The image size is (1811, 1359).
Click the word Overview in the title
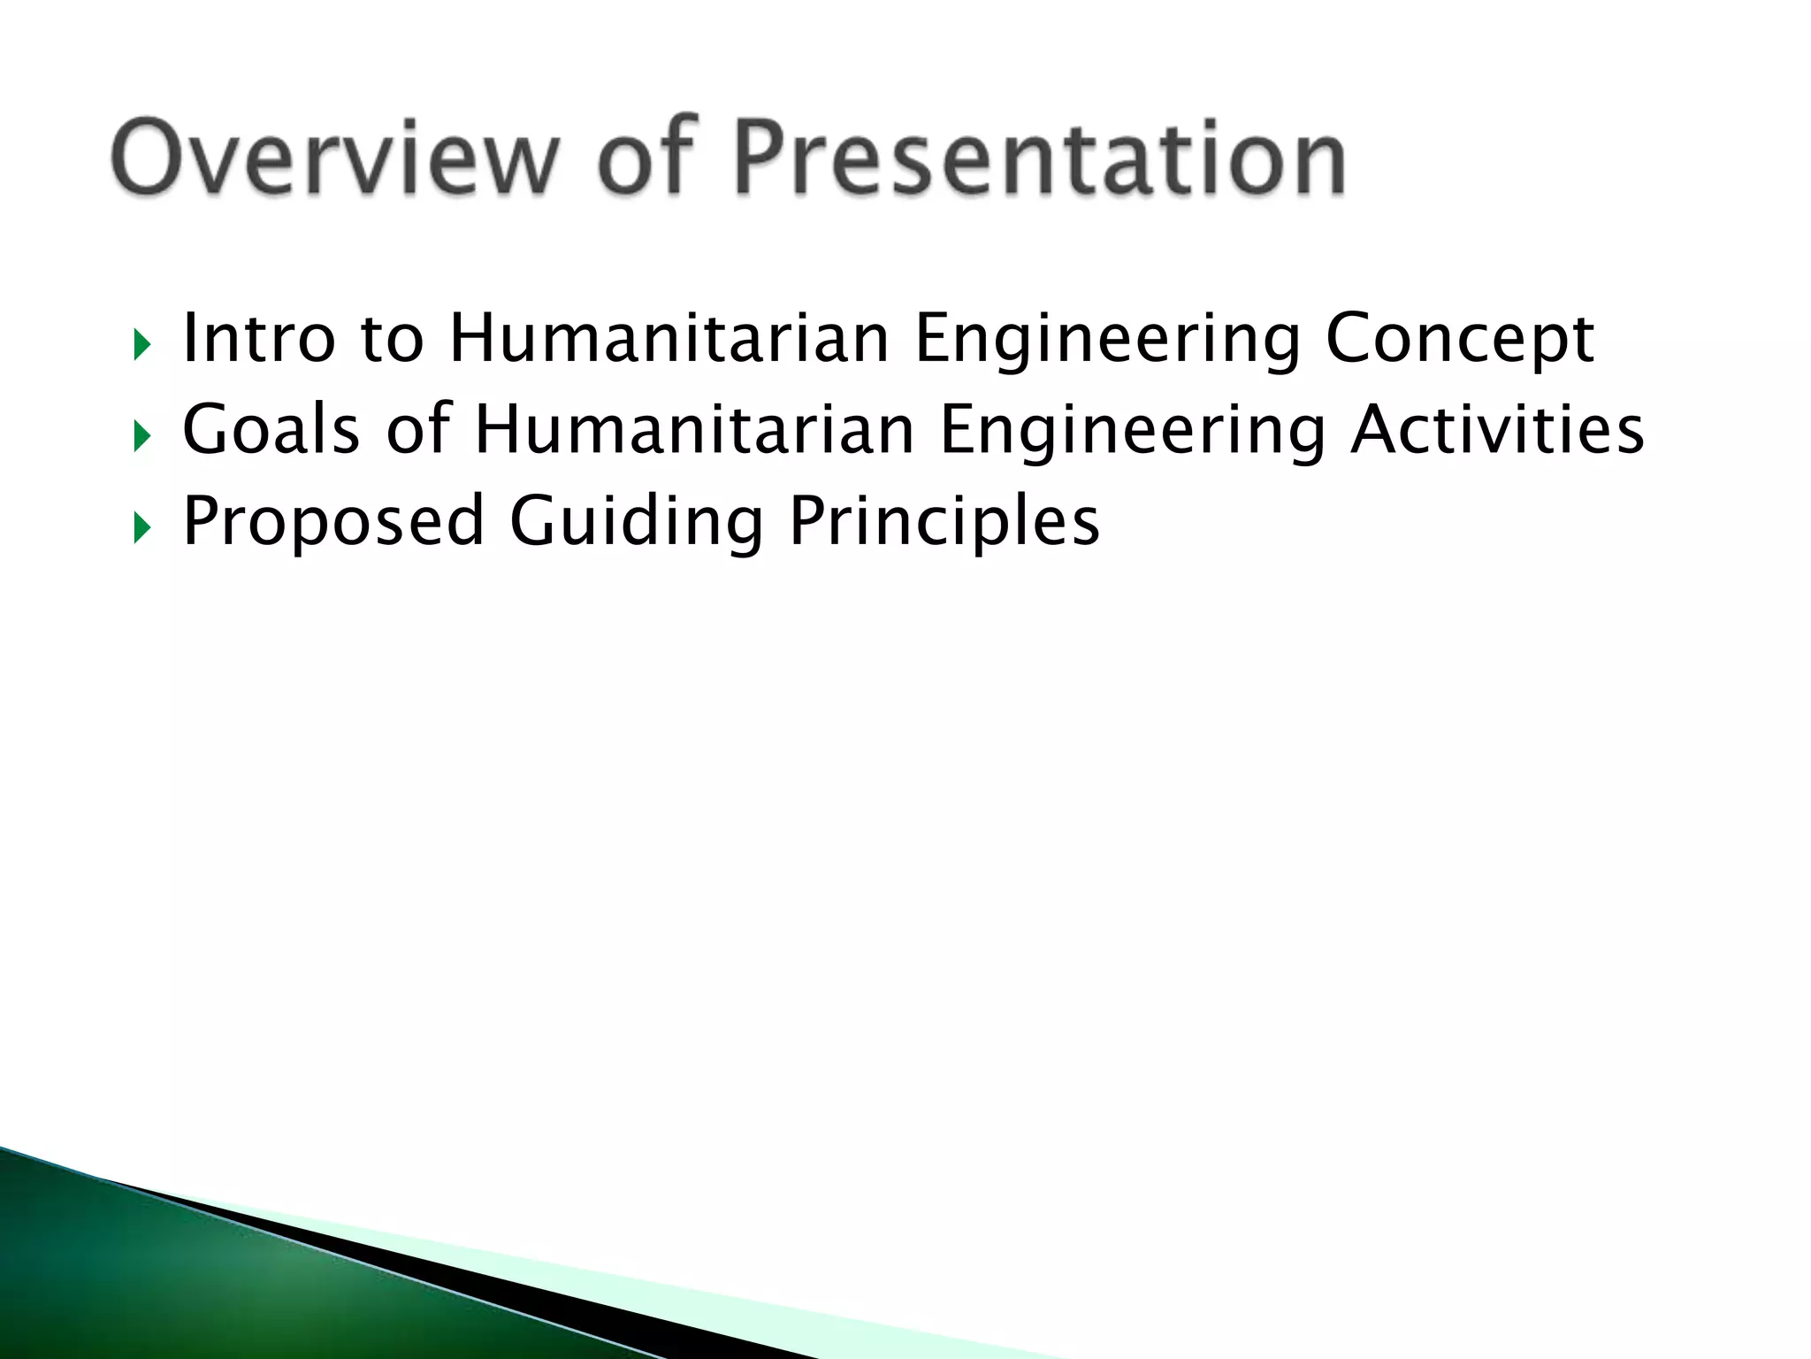tap(334, 157)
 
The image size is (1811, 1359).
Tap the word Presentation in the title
tap(1040, 157)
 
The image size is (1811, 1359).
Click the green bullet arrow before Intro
tap(141, 345)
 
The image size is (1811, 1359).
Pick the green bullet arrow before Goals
tap(141, 436)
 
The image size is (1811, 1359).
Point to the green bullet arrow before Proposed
tap(141, 528)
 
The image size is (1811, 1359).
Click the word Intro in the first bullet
tap(259, 339)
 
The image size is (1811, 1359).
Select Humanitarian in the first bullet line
tap(669, 339)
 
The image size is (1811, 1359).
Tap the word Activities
tap(1496, 430)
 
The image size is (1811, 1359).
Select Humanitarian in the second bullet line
tap(694, 430)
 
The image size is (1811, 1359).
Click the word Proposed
tap(332, 522)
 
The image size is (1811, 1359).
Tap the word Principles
tap(944, 522)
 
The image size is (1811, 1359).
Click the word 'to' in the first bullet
tap(392, 339)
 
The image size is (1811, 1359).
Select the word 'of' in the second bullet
tap(417, 430)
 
